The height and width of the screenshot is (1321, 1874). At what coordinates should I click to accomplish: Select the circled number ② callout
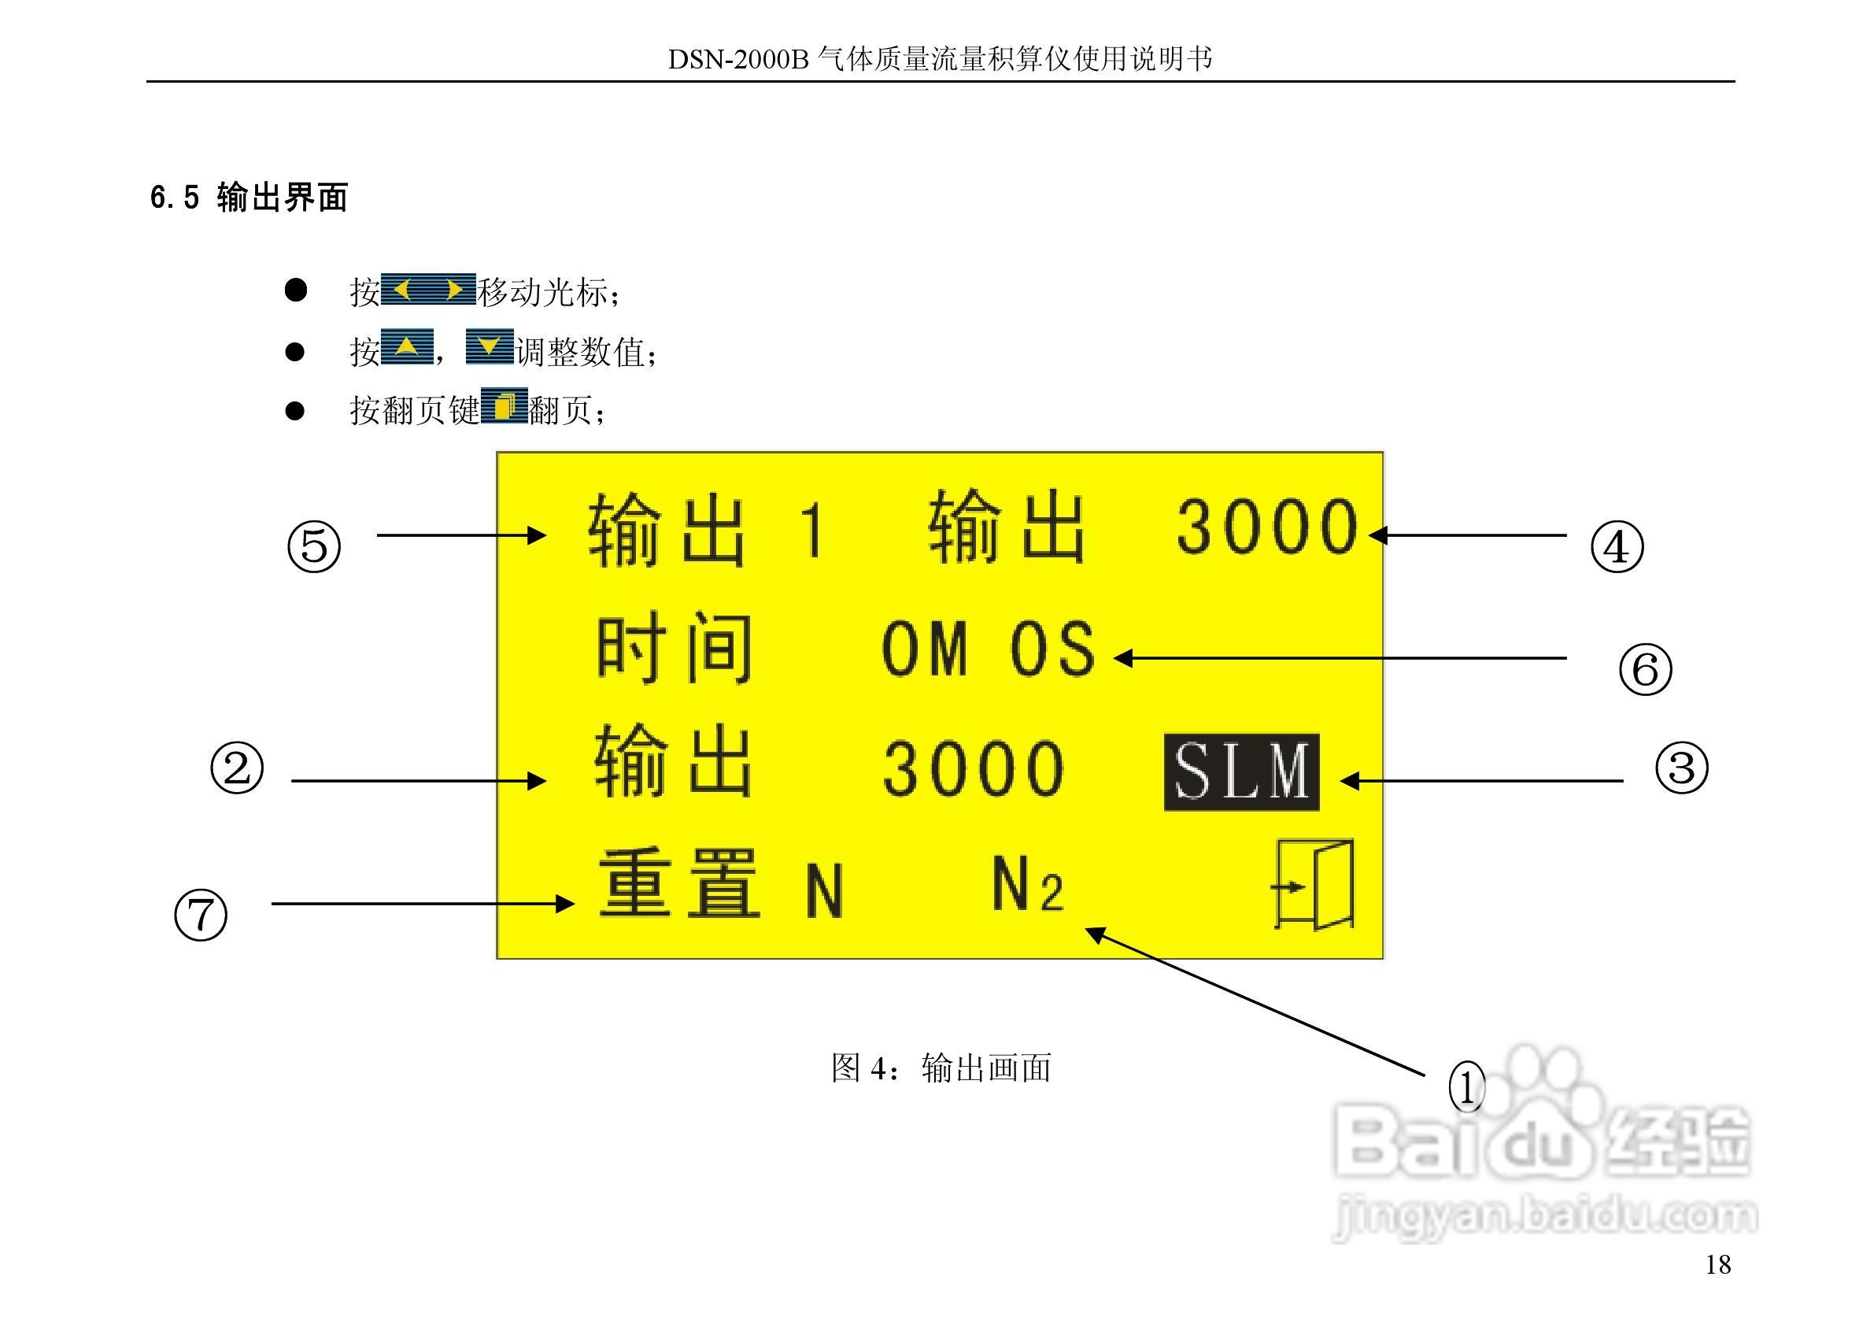click(237, 768)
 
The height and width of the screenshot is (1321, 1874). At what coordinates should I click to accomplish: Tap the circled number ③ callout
click(1680, 768)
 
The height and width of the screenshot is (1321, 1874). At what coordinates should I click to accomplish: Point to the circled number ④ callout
click(1617, 546)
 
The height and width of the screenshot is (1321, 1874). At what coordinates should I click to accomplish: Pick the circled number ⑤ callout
click(314, 546)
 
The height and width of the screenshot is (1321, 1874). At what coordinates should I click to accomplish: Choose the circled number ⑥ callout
click(1645, 669)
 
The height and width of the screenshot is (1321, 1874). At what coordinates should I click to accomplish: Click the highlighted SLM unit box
click(1240, 772)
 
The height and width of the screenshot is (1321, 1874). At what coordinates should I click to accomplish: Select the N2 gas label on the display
click(1028, 885)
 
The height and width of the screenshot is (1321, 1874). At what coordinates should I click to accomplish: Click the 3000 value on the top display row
click(1266, 527)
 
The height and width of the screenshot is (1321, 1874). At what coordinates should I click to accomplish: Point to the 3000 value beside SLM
click(974, 769)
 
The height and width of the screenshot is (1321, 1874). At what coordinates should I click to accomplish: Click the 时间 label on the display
click(675, 649)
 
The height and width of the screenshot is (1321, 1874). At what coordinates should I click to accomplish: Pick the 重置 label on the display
click(679, 885)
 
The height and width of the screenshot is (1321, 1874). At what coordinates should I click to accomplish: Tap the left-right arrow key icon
click(427, 290)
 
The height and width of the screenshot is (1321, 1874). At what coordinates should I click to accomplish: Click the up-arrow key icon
click(406, 348)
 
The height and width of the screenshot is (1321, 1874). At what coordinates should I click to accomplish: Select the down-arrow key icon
click(489, 347)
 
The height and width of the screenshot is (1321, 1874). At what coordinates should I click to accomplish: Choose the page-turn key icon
click(504, 405)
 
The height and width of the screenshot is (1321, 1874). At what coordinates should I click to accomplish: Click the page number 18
click(1717, 1264)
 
